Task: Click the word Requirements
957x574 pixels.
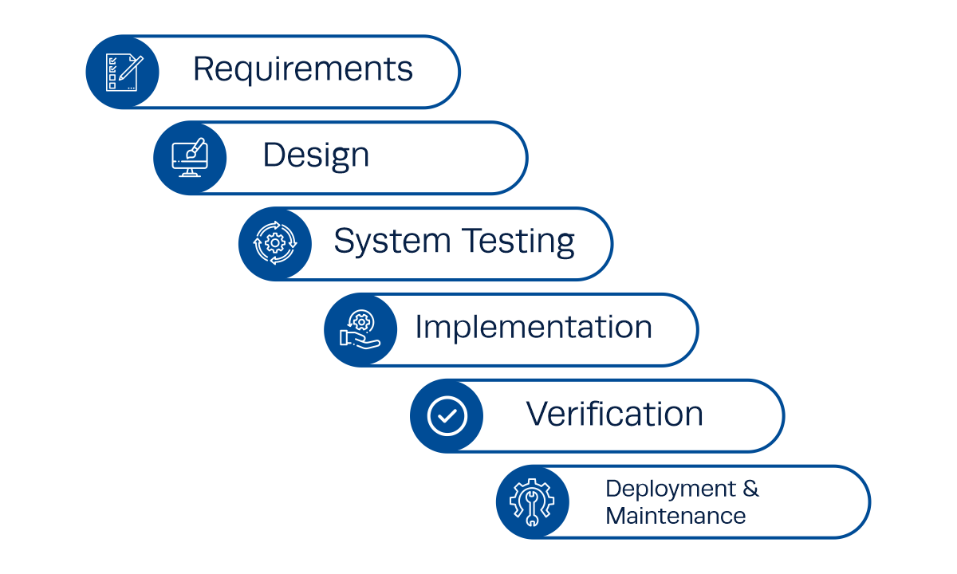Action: click(303, 70)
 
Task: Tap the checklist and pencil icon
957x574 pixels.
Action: click(122, 72)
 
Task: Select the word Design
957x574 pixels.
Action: click(316, 155)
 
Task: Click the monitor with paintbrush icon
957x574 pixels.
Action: click(190, 158)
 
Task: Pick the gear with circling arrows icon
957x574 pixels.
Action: click(274, 244)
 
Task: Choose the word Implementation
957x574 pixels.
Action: click(534, 327)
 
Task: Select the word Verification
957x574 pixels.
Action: click(614, 414)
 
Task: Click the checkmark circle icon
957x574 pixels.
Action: click(447, 415)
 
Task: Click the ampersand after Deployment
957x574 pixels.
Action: click(751, 488)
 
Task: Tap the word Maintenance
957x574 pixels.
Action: click(675, 515)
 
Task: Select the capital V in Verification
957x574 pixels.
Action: click(538, 413)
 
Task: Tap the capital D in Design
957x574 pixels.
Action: click(274, 155)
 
